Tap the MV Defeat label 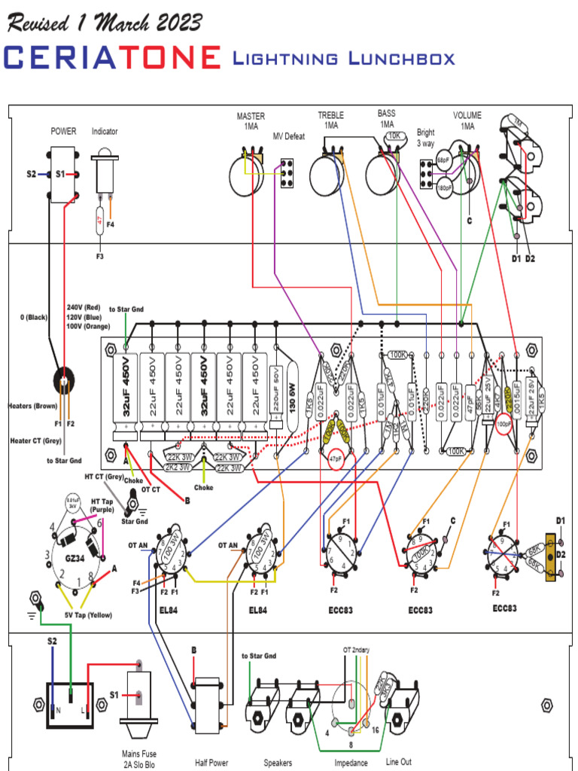288,136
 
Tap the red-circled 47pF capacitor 336,458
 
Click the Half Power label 211,763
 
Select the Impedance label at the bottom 351,763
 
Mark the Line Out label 399,762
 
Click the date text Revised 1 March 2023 105,22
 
